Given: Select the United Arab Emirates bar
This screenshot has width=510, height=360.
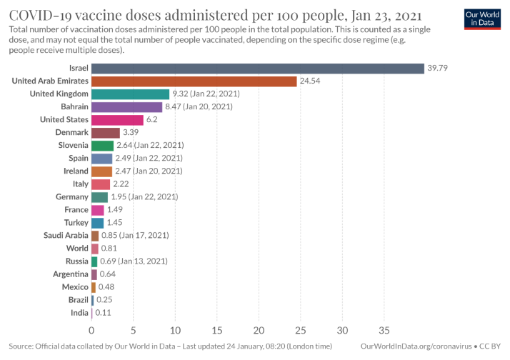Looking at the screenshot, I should click(x=194, y=81).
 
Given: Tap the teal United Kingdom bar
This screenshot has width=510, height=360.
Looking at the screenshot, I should click(x=130, y=94).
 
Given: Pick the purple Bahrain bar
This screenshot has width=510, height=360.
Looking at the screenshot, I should click(x=126, y=106).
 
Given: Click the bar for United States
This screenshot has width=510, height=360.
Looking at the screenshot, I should click(x=117, y=119).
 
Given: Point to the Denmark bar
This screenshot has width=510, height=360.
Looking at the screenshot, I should click(x=106, y=133).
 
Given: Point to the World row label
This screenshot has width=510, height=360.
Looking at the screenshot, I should click(x=76, y=249).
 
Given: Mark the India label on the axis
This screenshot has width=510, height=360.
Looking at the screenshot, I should click(x=79, y=313).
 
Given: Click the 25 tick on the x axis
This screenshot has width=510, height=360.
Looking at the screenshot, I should click(x=300, y=330).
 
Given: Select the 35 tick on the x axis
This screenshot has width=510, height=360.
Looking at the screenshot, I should click(x=384, y=330).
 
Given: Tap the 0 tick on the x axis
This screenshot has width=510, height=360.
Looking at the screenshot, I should click(x=91, y=330).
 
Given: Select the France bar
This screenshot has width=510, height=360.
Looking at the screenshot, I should click(x=98, y=210).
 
